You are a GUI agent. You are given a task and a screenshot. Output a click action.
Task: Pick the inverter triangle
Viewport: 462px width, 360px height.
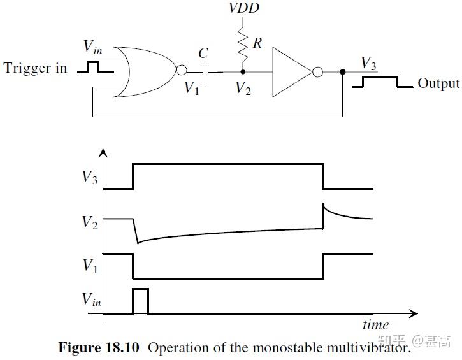click(x=290, y=72)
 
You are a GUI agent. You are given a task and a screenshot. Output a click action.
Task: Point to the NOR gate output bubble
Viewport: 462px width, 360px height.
click(x=182, y=72)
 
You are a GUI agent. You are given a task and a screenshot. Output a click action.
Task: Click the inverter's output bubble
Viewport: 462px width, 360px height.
click(x=316, y=72)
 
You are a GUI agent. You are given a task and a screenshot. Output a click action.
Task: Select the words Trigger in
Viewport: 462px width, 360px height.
click(x=35, y=68)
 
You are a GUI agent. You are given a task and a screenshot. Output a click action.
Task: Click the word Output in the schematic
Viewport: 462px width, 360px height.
click(x=438, y=83)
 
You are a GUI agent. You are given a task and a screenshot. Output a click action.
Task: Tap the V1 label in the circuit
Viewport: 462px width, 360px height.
click(x=192, y=88)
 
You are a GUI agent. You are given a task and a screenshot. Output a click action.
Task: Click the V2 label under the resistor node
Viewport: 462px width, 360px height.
click(x=243, y=88)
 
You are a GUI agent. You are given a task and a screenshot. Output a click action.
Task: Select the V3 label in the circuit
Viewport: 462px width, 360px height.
click(x=368, y=62)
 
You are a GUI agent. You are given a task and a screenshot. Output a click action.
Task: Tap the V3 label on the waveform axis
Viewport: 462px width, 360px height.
click(x=90, y=177)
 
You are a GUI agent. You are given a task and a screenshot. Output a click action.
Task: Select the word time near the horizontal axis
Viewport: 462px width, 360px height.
click(x=375, y=325)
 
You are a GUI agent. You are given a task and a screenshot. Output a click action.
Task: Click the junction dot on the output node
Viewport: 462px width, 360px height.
click(x=343, y=72)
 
